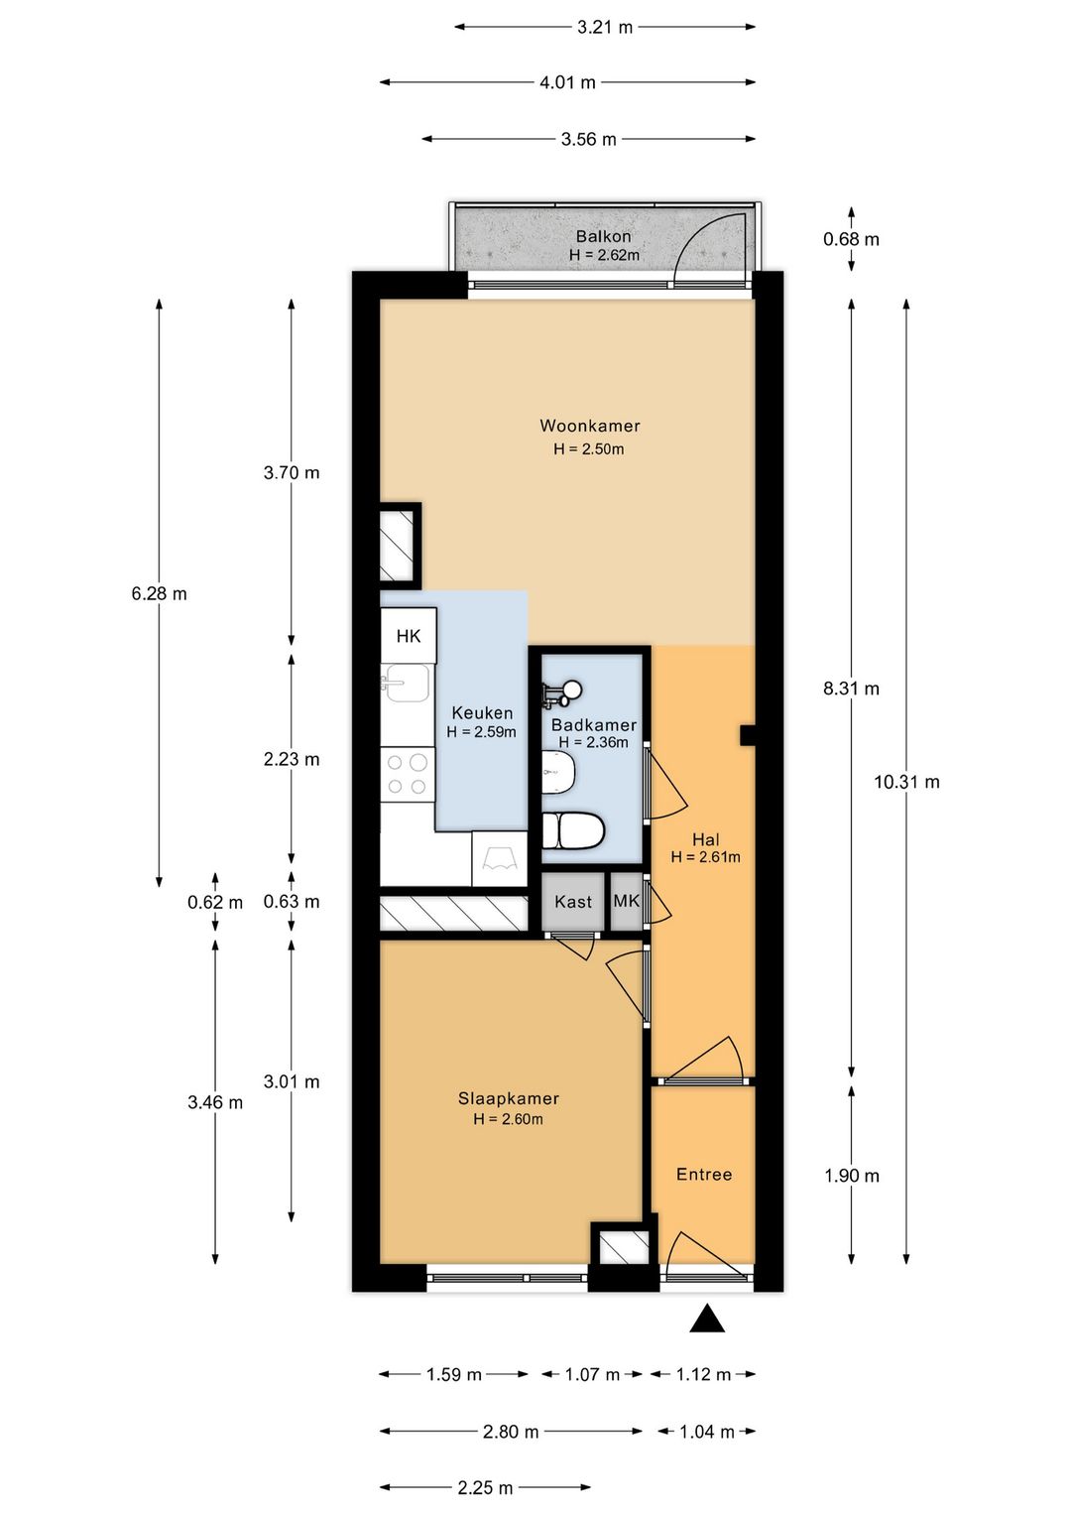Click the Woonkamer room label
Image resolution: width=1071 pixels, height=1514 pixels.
pos(589,426)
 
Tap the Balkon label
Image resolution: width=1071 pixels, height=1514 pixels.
pos(603,236)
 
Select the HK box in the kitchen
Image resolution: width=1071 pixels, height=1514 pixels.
pos(409,636)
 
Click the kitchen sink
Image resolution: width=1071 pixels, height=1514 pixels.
pos(407,682)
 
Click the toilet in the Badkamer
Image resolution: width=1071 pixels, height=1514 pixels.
pos(573,830)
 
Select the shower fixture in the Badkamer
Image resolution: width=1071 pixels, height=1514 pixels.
pos(560,693)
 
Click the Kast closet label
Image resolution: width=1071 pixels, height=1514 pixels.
pos(573,902)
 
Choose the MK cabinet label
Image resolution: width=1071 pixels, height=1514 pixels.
pos(626,901)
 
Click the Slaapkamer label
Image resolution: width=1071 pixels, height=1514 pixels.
pos(508,1098)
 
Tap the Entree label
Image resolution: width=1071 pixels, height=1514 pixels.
pos(704,1175)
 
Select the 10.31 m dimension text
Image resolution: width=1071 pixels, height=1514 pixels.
pos(906,782)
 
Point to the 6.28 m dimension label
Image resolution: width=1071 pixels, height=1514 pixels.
pos(159,593)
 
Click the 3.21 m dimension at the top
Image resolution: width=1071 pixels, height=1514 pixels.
pos(605,27)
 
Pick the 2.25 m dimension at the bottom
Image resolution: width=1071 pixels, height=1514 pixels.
pos(485,1487)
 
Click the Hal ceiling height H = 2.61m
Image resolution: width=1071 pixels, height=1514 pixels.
pos(705,857)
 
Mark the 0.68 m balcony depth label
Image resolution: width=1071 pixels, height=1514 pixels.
pos(851,239)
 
